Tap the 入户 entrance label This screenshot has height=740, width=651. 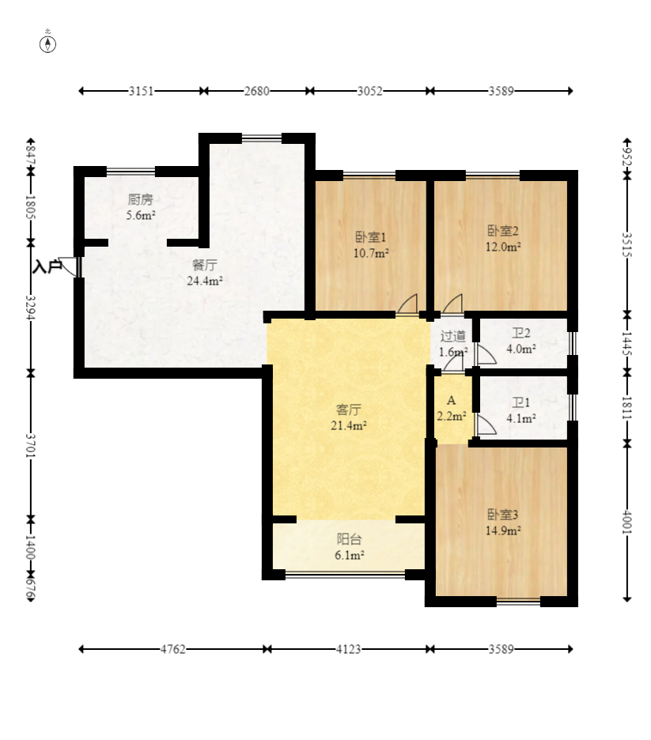pyautogui.click(x=47, y=266)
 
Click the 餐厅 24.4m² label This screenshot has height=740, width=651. pyautogui.click(x=205, y=273)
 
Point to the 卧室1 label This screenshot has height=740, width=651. pyautogui.click(x=371, y=237)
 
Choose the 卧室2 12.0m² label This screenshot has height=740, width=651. pyautogui.click(x=503, y=239)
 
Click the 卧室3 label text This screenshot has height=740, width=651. pyautogui.click(x=503, y=515)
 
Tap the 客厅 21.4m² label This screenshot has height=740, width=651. pyautogui.click(x=349, y=417)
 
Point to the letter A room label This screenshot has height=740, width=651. pyautogui.click(x=452, y=401)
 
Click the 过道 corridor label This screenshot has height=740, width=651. pyautogui.click(x=453, y=336)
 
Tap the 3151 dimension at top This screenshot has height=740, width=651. pyautogui.click(x=141, y=91)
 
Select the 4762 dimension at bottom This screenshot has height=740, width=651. pyautogui.click(x=172, y=649)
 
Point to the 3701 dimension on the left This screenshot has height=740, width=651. pyautogui.click(x=31, y=446)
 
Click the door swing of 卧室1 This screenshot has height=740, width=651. pyautogui.click(x=407, y=304)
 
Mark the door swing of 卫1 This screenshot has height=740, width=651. pyautogui.click(x=486, y=425)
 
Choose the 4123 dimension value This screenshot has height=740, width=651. pyautogui.click(x=348, y=649)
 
